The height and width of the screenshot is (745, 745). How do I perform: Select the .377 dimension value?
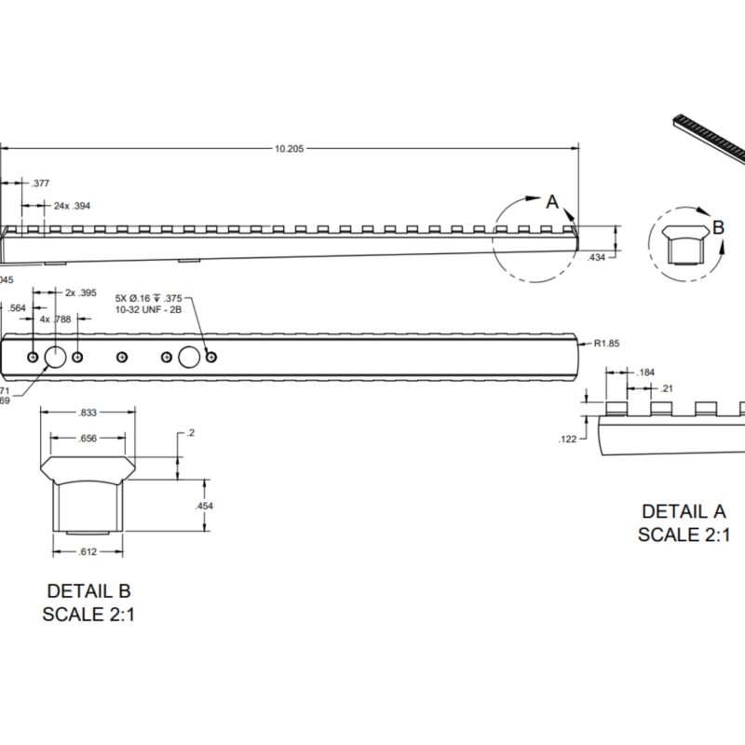pos(41,183)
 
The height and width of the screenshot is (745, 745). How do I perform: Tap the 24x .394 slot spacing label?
pos(72,205)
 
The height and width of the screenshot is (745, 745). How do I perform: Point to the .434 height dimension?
pos(598,257)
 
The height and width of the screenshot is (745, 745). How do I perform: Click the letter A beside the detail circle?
pos(551,200)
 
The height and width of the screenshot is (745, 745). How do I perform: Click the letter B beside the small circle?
pos(718,225)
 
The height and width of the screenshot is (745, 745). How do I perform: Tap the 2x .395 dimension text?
pos(81,292)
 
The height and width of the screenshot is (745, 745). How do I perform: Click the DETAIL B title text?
pos(88,590)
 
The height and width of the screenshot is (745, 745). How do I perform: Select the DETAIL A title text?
pos(683,511)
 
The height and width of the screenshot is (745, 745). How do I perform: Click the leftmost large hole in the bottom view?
pos(55,357)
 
